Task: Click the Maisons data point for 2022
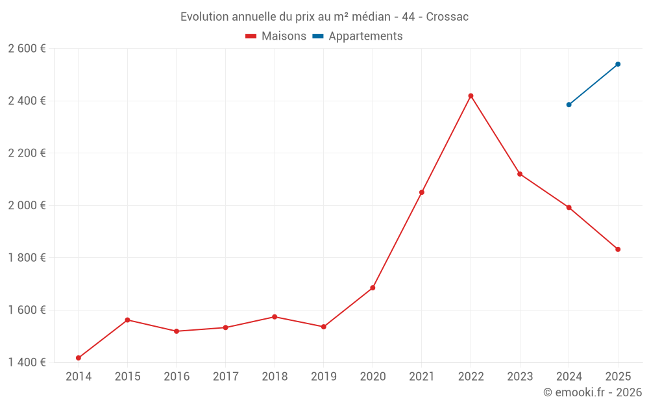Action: coord(471,96)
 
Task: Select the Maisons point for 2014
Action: coord(79,358)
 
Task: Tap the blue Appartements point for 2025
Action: coord(618,64)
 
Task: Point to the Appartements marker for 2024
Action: coord(569,105)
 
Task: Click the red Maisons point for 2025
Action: coord(618,249)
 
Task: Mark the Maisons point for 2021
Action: coord(422,192)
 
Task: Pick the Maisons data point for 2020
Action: coord(373,288)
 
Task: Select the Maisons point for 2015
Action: coord(127,320)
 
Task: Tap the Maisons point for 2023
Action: coord(520,174)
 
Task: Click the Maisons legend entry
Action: coord(276,36)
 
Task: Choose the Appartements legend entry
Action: coord(358,36)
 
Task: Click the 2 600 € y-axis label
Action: coord(27,49)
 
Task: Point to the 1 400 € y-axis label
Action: coord(27,362)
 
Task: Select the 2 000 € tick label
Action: coord(27,205)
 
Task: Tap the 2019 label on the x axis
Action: coord(323,377)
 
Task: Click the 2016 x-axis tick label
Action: coord(177,377)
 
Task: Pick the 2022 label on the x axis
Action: coord(471,377)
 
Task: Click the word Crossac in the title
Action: coord(447,17)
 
